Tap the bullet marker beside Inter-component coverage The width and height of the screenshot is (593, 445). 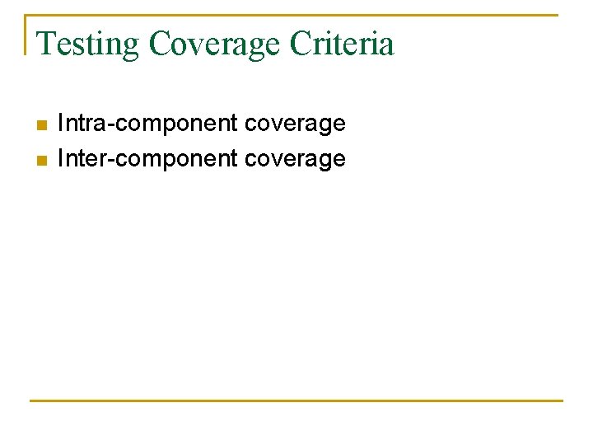40,159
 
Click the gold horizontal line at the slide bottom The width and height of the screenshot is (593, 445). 296,400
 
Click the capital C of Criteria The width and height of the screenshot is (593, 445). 300,44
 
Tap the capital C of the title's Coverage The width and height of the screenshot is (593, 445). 161,44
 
